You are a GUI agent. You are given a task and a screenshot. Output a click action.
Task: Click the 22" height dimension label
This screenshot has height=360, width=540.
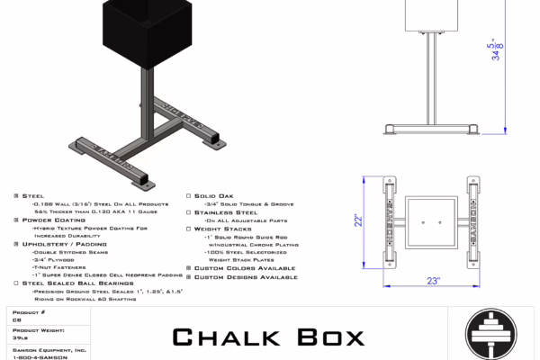358,219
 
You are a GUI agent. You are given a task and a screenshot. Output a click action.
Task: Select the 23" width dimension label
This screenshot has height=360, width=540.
433,281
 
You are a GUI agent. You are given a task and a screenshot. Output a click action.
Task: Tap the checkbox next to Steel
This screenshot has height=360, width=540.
16,195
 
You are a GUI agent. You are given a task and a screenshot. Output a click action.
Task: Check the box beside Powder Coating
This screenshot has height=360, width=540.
16,220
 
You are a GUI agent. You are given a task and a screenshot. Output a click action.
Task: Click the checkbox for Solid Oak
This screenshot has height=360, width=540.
187,195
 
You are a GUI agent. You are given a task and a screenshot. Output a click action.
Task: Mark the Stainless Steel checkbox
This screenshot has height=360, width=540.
187,212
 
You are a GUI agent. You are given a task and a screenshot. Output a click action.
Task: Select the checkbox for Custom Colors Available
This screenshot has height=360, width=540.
187,268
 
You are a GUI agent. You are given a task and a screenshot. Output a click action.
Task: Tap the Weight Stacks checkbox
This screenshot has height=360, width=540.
187,229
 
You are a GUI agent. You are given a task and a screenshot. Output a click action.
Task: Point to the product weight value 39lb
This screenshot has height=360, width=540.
19,338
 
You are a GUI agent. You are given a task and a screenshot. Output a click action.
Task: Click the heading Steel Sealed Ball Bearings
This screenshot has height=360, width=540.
72,283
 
